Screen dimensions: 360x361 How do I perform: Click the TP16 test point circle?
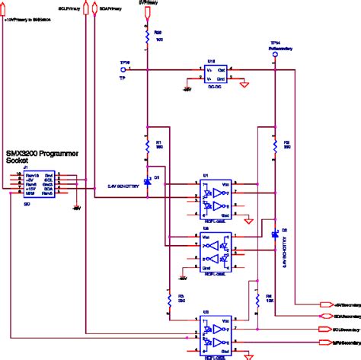coord(123,70)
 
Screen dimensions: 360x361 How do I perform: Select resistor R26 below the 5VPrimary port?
coord(145,36)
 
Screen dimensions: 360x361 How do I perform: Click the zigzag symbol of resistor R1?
coord(145,145)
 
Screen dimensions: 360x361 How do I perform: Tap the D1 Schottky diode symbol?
coord(145,178)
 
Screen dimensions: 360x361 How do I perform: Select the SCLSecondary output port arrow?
coord(317,329)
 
